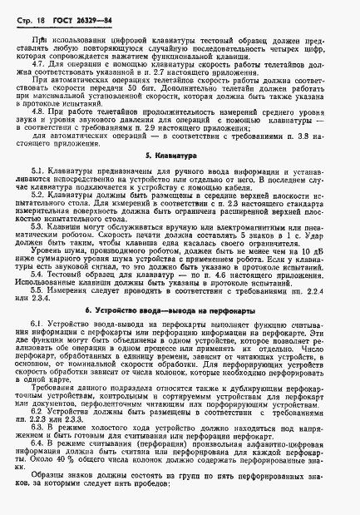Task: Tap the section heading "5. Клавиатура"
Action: [x=180, y=178]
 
